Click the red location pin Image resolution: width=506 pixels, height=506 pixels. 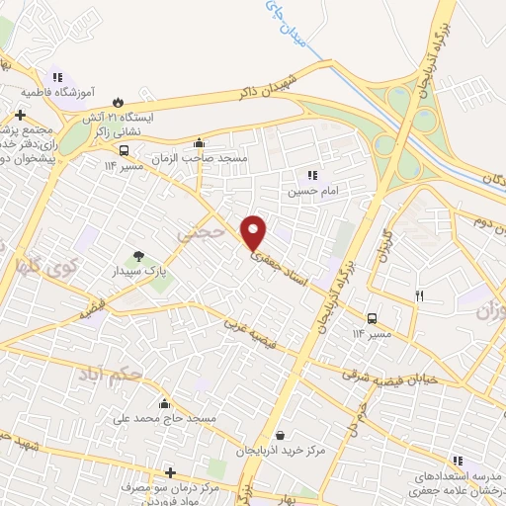[254, 231]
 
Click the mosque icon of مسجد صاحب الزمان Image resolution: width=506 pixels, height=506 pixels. [200, 142]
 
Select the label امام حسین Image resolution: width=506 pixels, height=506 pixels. [312, 191]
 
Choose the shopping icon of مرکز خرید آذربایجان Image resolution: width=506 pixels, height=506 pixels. [282, 435]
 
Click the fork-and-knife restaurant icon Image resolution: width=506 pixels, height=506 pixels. [420, 294]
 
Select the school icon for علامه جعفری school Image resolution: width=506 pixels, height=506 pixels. [458, 460]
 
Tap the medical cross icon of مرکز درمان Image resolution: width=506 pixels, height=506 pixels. [171, 473]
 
